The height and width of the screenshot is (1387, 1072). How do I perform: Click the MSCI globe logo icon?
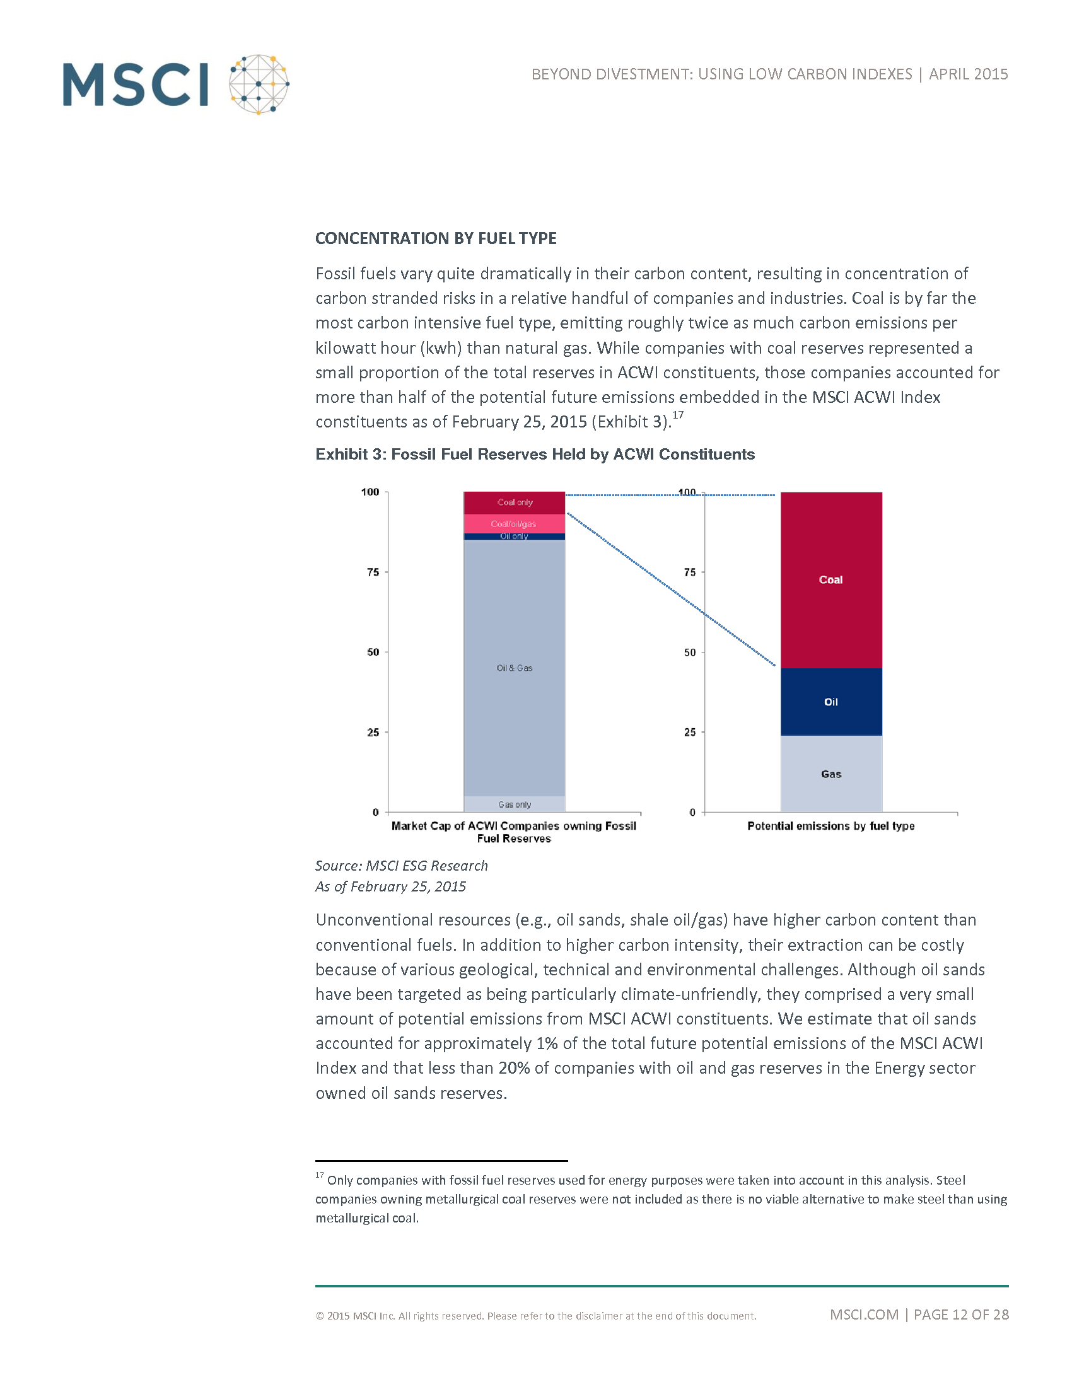pos(259,84)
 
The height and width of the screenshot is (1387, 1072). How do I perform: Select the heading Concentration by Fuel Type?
pos(436,238)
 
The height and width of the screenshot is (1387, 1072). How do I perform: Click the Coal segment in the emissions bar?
pos(830,580)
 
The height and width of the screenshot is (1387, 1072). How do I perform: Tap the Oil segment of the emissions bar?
pos(830,702)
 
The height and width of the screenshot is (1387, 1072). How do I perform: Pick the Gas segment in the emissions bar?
pos(830,774)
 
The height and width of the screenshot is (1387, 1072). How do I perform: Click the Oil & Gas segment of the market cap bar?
pos(515,668)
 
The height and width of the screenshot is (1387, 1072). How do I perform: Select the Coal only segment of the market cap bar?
pos(515,502)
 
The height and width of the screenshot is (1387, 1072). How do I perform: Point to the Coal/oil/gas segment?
pos(515,524)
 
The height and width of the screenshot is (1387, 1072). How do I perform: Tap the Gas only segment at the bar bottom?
pos(515,804)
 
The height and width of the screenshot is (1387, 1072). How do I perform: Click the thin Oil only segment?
pos(515,537)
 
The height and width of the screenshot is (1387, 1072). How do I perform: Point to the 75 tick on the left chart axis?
pos(373,572)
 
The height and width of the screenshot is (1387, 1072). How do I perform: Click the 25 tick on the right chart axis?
pos(690,732)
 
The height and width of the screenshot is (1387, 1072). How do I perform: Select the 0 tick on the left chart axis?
pos(375,812)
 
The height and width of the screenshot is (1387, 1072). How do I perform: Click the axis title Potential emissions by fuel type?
pos(830,826)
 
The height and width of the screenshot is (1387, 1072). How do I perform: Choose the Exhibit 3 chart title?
pos(535,454)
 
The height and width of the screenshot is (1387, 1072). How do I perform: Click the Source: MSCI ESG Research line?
pos(401,866)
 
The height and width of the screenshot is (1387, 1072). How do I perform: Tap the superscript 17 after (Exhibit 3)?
pos(679,415)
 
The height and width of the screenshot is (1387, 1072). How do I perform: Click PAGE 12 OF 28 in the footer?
pos(961,1314)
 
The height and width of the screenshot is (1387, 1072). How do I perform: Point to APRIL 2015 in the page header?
pos(968,74)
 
